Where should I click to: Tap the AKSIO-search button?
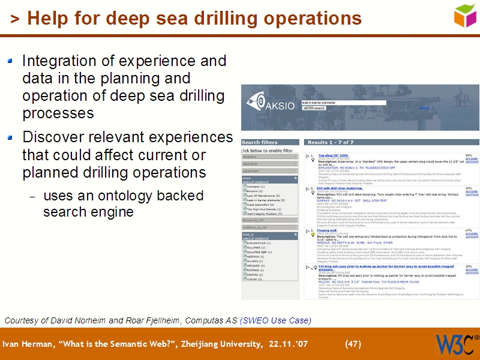(314, 108)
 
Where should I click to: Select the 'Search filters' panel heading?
(260, 142)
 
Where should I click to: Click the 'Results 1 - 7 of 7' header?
(331, 142)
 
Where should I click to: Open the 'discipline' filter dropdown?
(269, 157)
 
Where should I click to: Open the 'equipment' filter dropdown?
(269, 170)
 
